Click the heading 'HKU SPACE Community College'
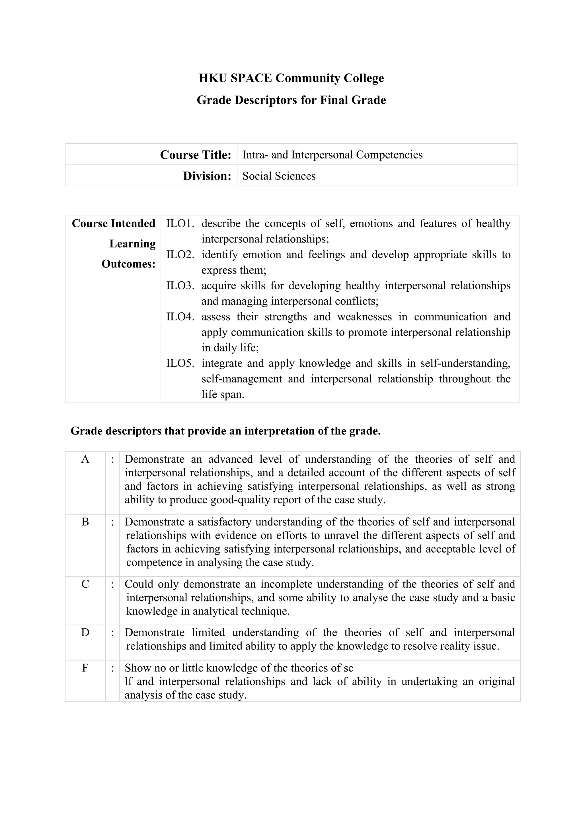[291, 78]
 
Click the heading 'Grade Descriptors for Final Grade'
[291, 100]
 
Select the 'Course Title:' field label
[195, 155]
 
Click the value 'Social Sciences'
[279, 176]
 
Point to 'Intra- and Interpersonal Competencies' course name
[332, 155]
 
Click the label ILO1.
[180, 224]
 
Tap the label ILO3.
[180, 286]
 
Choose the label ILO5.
[180, 363]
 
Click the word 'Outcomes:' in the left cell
[128, 264]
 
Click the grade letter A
[85, 459]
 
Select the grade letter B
[85, 522]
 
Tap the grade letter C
[85, 584]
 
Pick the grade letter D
[85, 632]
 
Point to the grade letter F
[85, 668]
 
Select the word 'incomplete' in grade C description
[286, 584]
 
